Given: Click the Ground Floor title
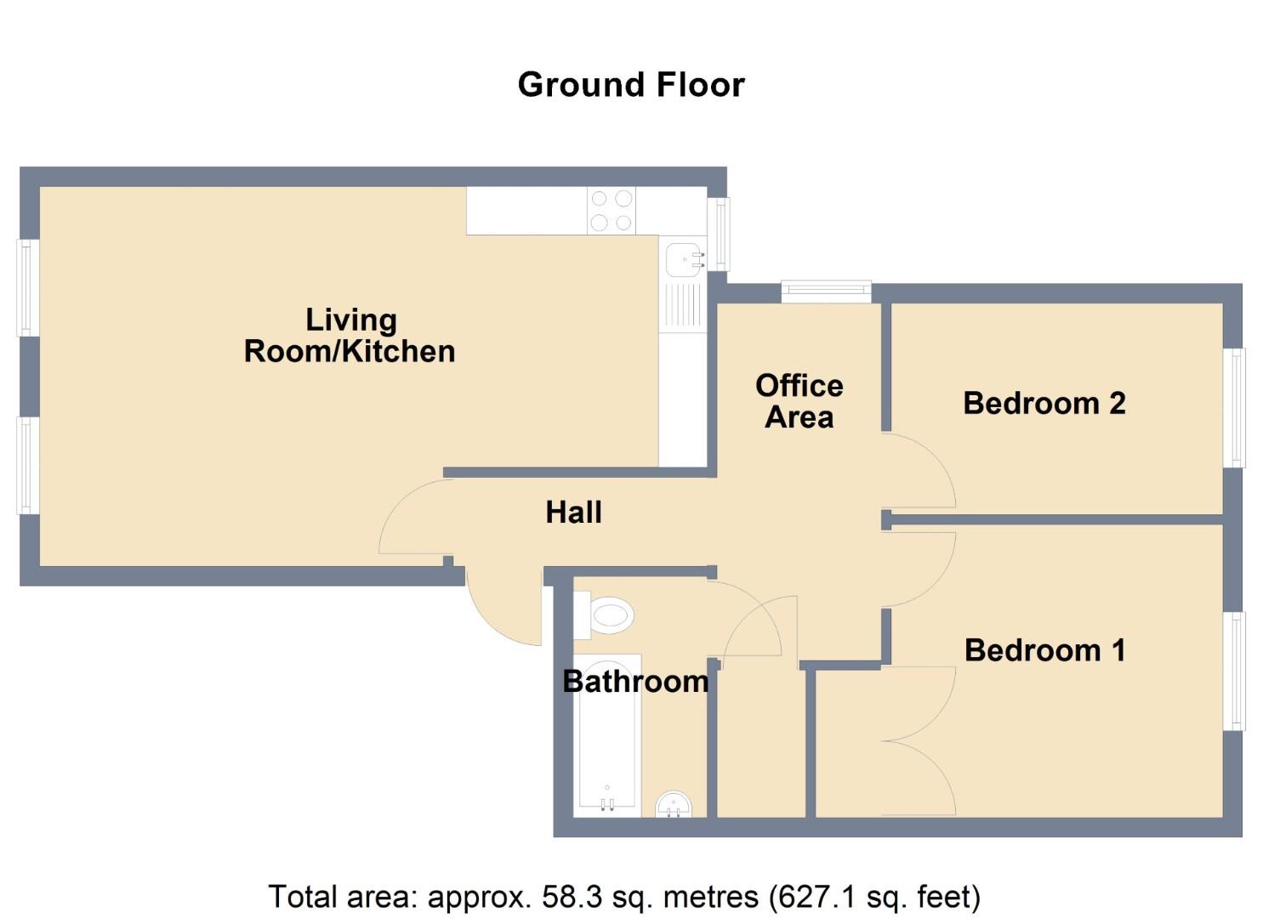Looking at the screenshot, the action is pos(631,85).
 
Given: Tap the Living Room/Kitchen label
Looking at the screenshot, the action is pos(350,336).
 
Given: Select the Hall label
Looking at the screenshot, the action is pos(573,513).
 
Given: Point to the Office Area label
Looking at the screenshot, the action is pos(799,401).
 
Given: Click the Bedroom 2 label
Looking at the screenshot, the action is pos(1044,404).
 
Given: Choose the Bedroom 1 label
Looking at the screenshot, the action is pos(1045,650).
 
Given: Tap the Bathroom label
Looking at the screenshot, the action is pos(635,682).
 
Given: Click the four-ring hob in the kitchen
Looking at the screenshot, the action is pos(612,210).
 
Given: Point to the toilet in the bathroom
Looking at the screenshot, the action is pos(604,615).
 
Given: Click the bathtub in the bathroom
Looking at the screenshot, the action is pos(607,734).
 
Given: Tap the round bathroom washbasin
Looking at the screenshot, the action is pos(674,804).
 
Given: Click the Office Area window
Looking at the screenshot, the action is pos(826,292).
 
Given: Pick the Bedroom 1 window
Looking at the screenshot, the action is pos(1233,671).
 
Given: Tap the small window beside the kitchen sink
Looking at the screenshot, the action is pos(719,234).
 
